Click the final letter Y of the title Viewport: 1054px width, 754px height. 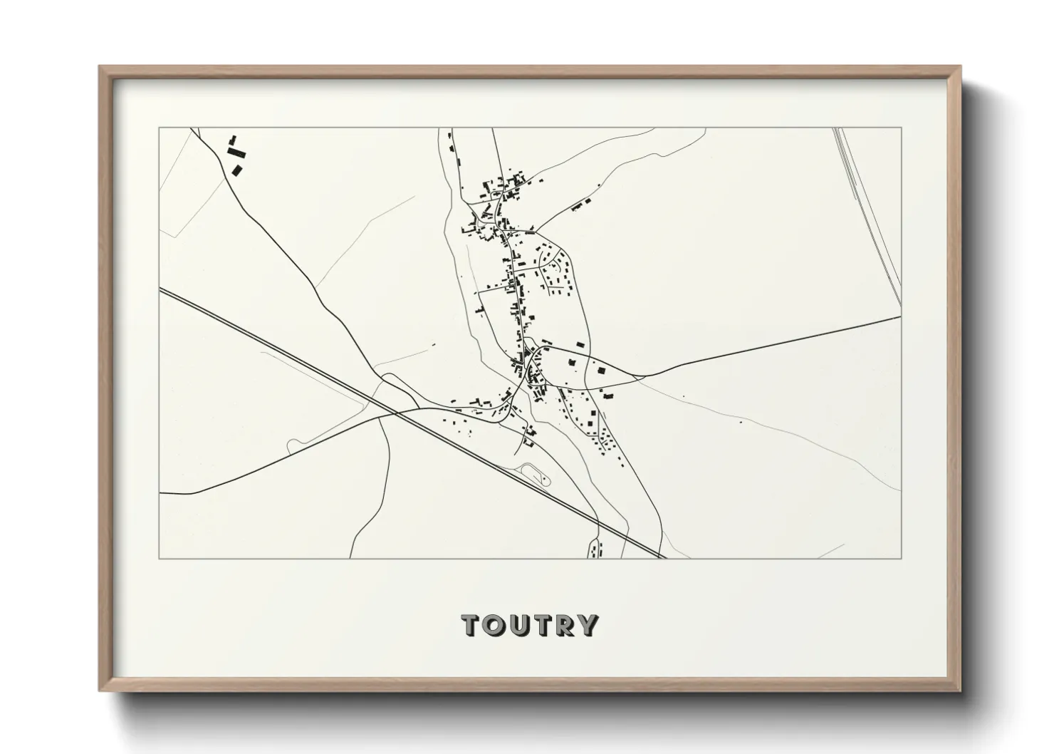coord(585,625)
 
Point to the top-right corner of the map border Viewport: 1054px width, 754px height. coord(902,128)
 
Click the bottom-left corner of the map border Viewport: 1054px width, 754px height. coord(160,558)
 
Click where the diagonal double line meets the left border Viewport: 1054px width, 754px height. coord(160,289)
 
